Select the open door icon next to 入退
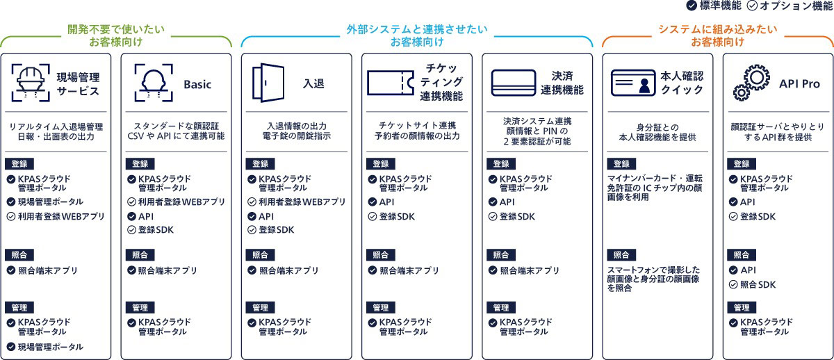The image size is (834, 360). pyautogui.click(x=268, y=83)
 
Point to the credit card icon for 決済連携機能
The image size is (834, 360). pyautogui.click(x=513, y=83)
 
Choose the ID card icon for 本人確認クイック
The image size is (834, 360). pyautogui.click(x=633, y=83)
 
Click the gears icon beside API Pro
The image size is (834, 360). pyautogui.click(x=751, y=83)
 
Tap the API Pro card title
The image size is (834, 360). pyautogui.click(x=799, y=83)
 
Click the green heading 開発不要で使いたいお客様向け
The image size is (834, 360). pyautogui.click(x=115, y=36)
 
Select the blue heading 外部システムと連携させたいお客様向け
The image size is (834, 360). pyautogui.click(x=417, y=36)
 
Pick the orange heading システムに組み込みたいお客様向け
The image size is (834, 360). pyautogui.click(x=717, y=36)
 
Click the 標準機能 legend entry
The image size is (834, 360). pyautogui.click(x=714, y=6)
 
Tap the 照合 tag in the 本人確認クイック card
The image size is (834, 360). pyautogui.click(x=621, y=255)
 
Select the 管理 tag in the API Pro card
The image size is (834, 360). pyautogui.click(x=742, y=307)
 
